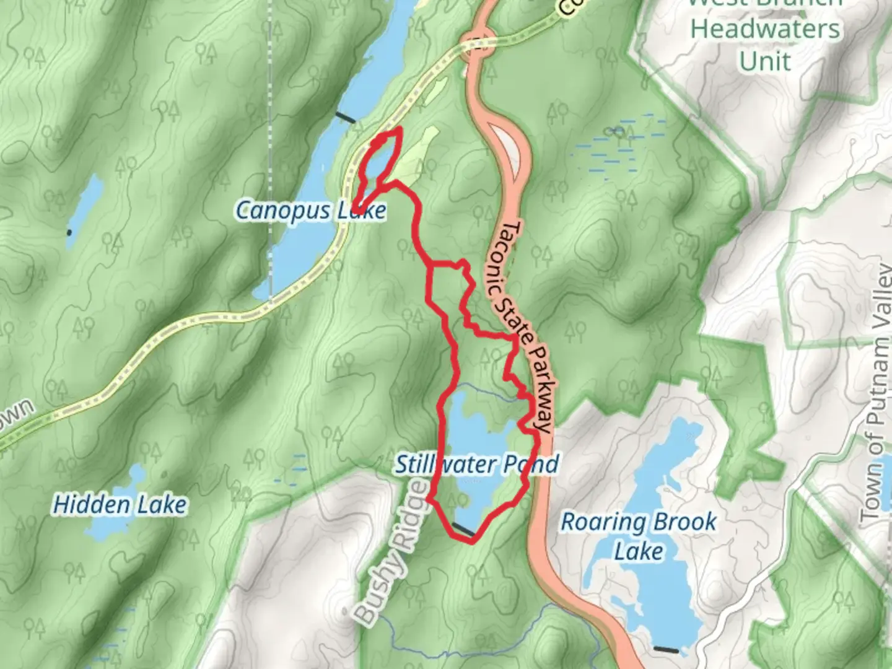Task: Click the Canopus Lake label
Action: [311, 211]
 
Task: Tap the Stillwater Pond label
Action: [477, 464]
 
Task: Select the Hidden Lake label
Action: [120, 505]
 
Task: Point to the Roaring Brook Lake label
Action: [639, 535]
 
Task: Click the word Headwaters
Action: [765, 29]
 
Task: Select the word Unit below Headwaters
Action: [765, 61]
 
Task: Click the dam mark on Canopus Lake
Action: [345, 117]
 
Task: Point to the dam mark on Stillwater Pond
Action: [463, 529]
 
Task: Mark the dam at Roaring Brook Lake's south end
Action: [666, 650]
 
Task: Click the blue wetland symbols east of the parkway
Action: [613, 149]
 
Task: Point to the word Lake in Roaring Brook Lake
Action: [639, 551]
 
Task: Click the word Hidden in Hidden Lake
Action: [92, 505]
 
